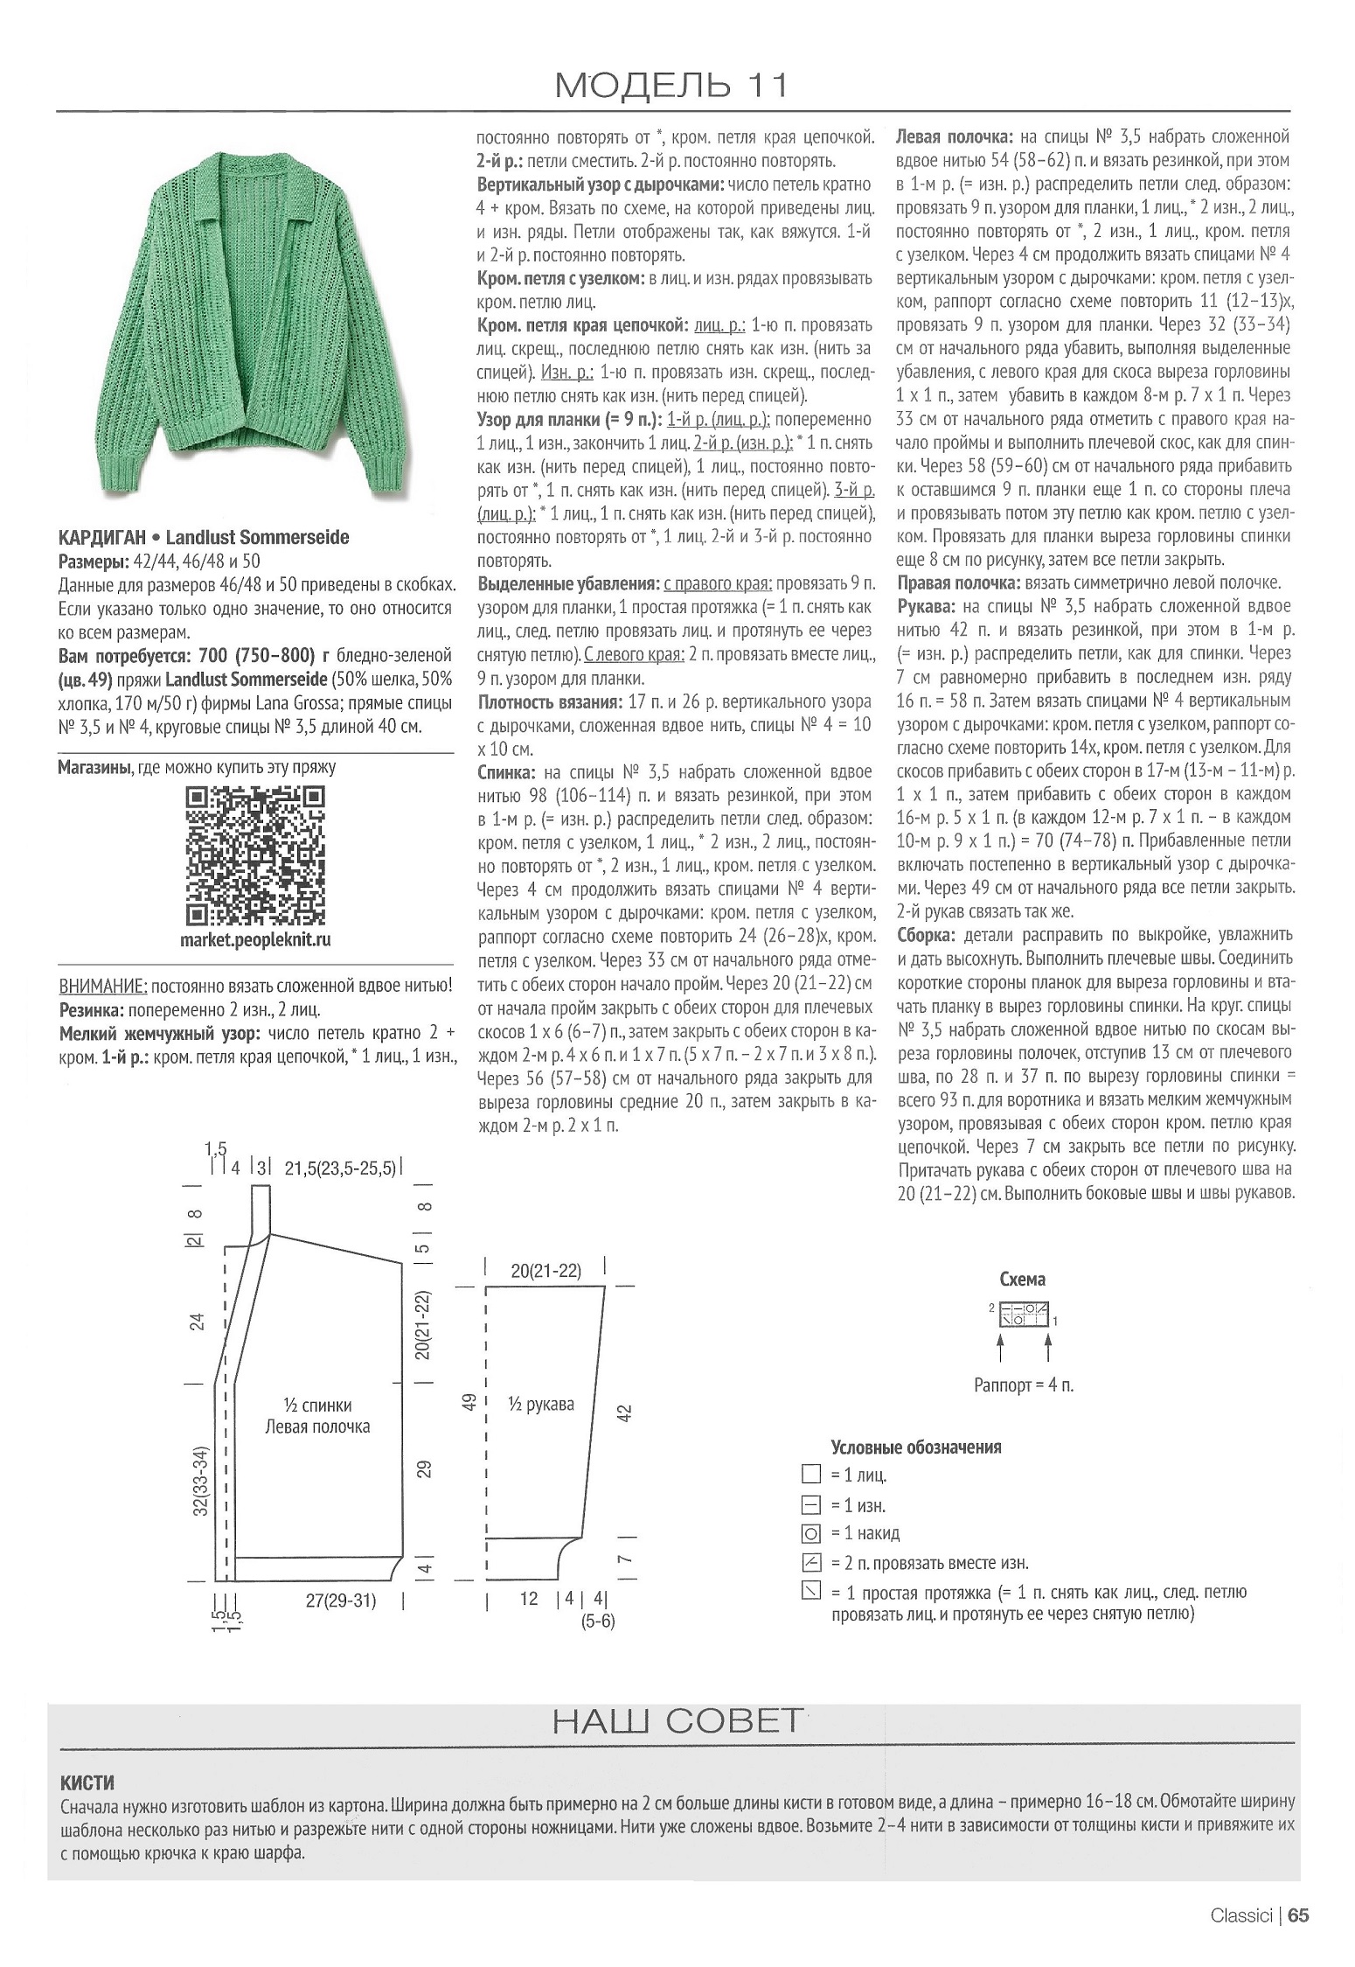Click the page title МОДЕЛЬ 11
(672, 85)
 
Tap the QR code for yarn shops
(256, 856)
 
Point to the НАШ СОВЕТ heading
(677, 1722)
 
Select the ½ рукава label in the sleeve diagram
(541, 1404)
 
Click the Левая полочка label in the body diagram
(317, 1426)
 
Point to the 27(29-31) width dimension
(340, 1600)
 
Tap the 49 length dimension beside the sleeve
(469, 1402)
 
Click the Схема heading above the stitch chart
(1022, 1280)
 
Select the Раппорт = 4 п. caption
(1023, 1385)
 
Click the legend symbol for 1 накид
(810, 1532)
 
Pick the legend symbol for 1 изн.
(810, 1504)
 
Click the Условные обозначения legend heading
(915, 1447)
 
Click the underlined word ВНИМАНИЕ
(101, 987)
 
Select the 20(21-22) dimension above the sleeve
(545, 1270)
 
